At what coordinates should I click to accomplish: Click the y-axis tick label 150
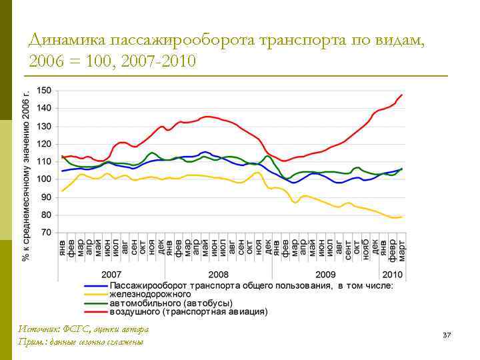[45, 90]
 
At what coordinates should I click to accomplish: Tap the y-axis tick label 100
[45, 179]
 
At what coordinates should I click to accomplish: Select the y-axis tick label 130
[45, 126]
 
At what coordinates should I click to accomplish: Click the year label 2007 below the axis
[111, 275]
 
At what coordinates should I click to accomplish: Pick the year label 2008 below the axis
[218, 275]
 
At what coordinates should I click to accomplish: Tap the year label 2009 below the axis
[325, 275]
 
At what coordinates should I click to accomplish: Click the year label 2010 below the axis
[393, 275]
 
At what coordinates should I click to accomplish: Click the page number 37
[447, 334]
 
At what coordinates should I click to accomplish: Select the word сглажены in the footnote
[126, 342]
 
